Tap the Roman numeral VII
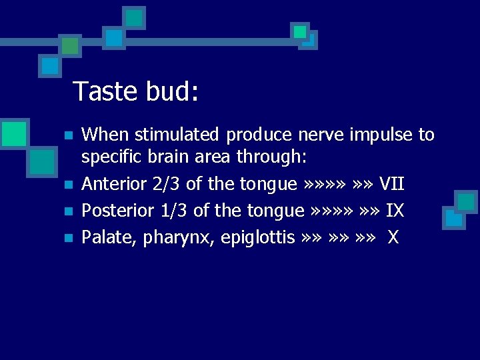pyautogui.click(x=391, y=183)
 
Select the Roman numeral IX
pyautogui.click(x=395, y=211)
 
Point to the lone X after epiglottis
pyautogui.click(x=393, y=237)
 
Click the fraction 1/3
pyautogui.click(x=175, y=211)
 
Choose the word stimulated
pyautogui.click(x=177, y=135)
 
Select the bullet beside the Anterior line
pyautogui.click(x=67, y=185)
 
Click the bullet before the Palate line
pyautogui.click(x=67, y=238)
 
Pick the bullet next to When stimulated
pyautogui.click(x=67, y=136)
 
